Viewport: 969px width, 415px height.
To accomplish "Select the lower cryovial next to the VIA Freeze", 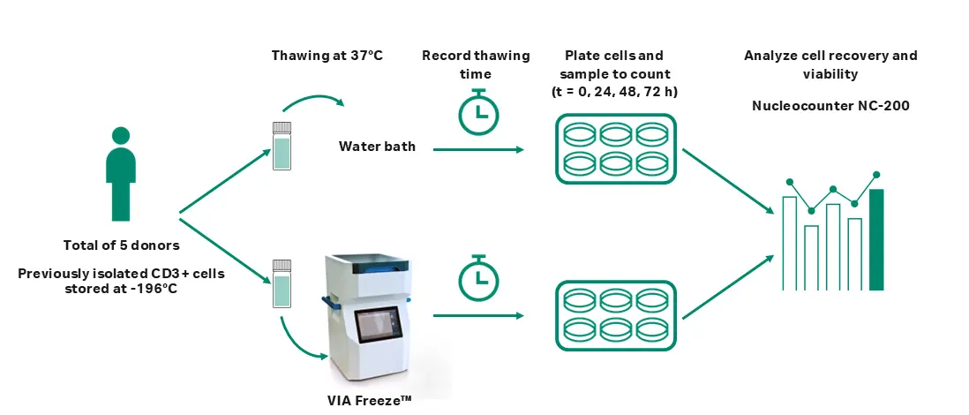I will (282, 283).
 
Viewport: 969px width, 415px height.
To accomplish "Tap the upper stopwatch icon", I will (477, 110).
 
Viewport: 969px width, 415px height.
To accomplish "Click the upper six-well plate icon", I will (614, 149).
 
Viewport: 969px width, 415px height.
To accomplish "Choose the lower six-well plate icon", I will (614, 314).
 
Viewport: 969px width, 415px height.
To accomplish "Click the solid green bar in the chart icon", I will (876, 239).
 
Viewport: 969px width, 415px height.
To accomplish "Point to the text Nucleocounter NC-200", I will (830, 106).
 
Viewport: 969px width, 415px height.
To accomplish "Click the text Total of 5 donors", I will (121, 245).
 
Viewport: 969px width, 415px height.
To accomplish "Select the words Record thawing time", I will (477, 64).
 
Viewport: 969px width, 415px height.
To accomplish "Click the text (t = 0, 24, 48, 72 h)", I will (614, 91).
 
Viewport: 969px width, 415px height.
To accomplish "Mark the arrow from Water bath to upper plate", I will (477, 150).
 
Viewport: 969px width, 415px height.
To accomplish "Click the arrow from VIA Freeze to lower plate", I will (477, 315).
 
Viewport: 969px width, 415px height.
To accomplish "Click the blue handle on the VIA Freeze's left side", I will (327, 302).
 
